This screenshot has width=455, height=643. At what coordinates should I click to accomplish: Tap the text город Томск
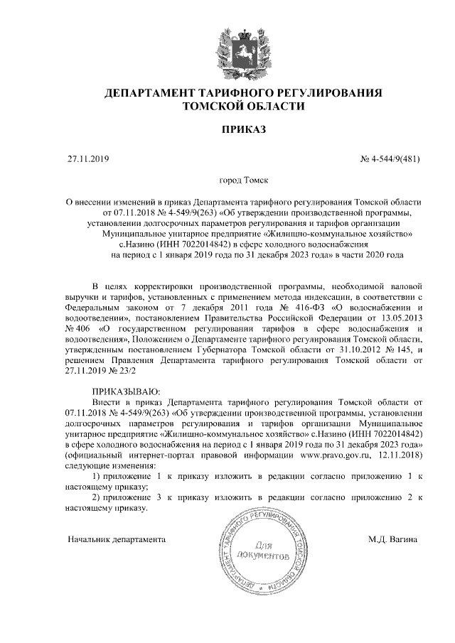[243, 182]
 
